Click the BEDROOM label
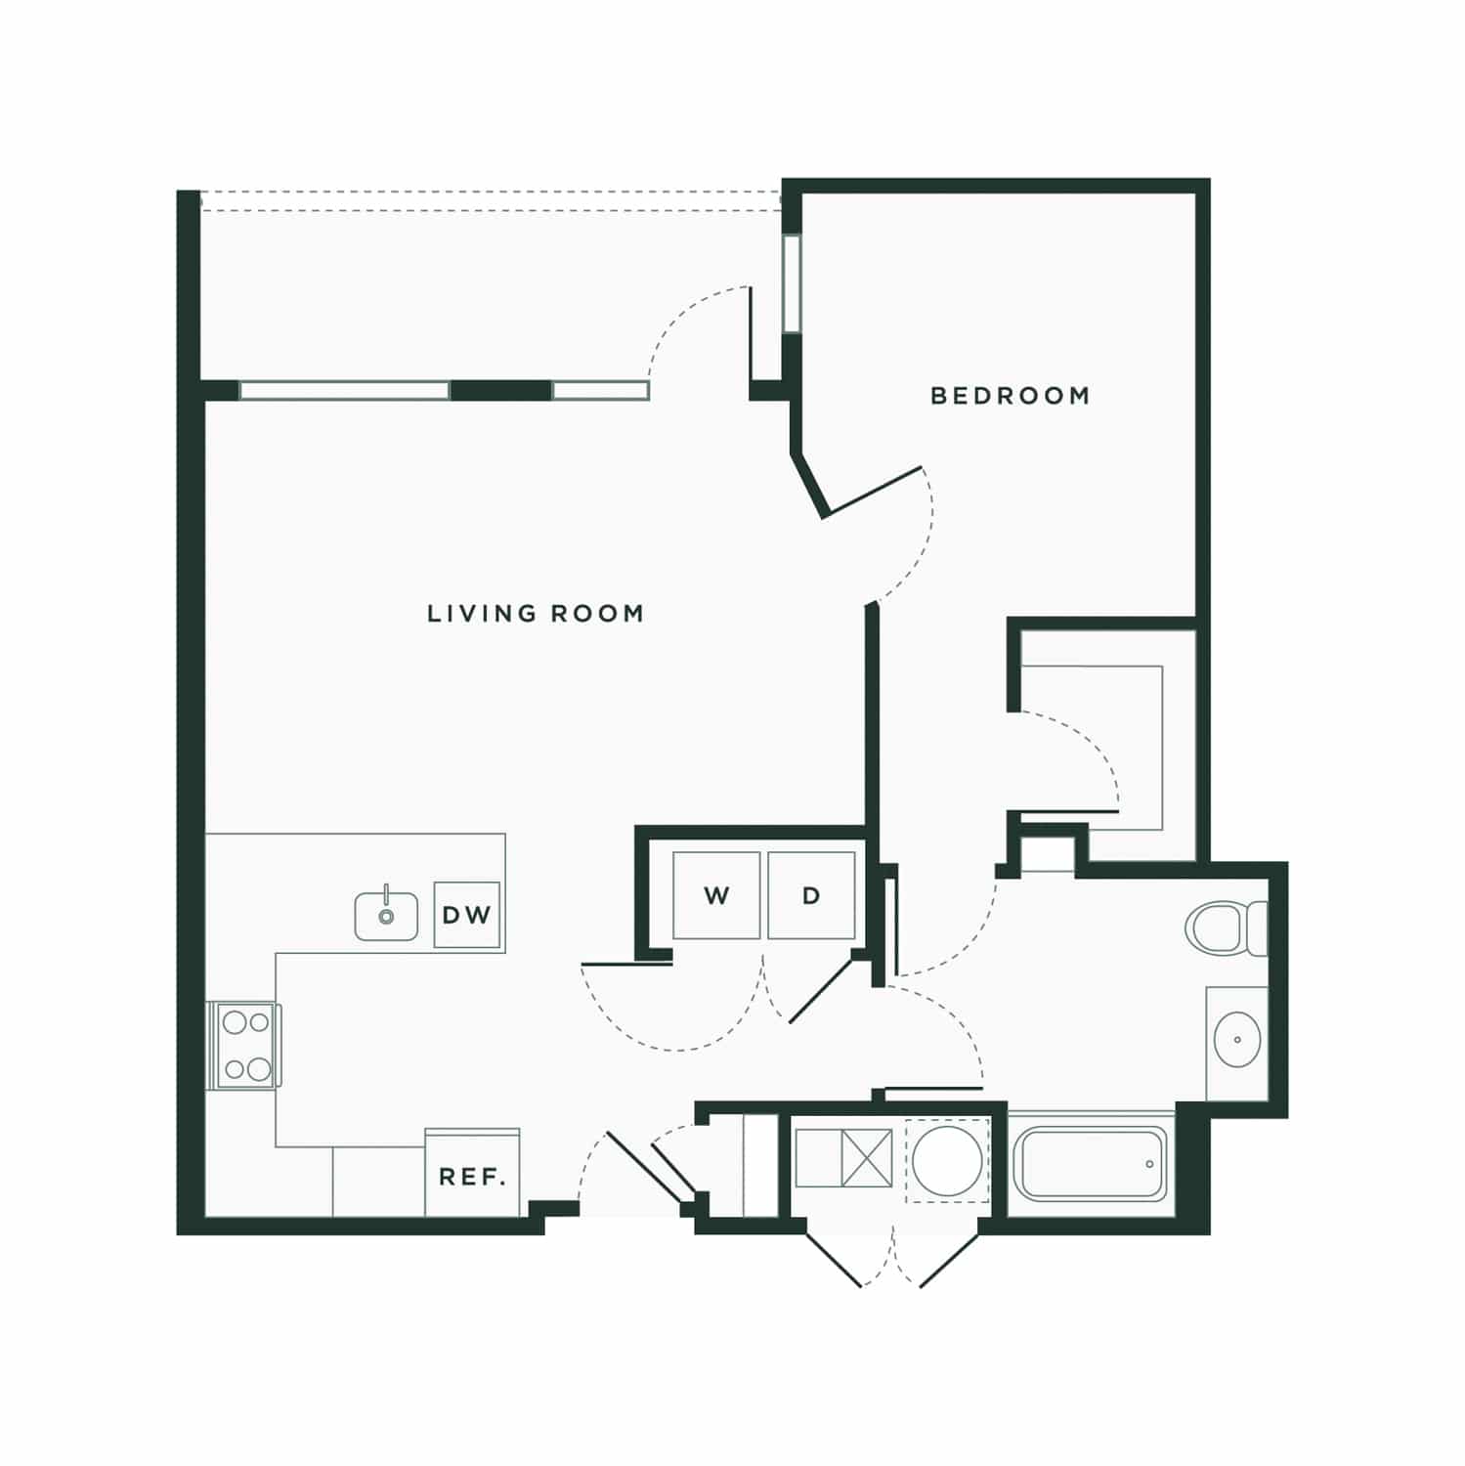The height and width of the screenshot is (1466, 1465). click(1010, 396)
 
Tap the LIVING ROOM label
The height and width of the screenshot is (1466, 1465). click(536, 614)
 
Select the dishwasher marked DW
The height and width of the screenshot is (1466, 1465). click(467, 915)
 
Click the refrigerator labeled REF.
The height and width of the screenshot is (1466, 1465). click(472, 1173)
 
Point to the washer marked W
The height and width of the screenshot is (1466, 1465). click(716, 895)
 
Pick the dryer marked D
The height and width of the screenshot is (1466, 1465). click(811, 895)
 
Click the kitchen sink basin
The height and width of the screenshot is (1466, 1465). click(387, 915)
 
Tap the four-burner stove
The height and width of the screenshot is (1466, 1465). click(243, 1046)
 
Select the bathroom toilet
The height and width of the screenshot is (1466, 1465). click(1226, 927)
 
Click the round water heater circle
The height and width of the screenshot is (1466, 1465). click(947, 1160)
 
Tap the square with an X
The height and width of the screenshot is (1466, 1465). click(867, 1158)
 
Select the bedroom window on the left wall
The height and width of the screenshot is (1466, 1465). click(792, 283)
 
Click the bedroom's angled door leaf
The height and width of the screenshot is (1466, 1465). click(873, 492)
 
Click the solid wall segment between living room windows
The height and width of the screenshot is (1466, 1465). click(501, 391)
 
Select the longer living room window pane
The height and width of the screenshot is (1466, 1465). click(345, 391)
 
